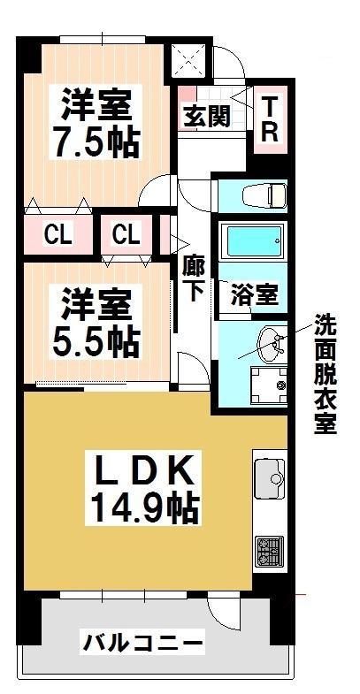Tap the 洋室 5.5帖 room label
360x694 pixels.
[96, 322]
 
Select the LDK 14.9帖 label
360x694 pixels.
[144, 488]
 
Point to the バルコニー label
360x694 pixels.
[143, 641]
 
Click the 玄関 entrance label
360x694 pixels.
[207, 117]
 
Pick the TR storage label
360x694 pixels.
[270, 119]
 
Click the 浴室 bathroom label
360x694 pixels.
[254, 294]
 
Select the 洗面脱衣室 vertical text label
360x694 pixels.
[326, 374]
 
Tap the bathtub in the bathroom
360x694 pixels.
[252, 241]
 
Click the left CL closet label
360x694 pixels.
[57, 235]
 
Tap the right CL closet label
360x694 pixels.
[126, 233]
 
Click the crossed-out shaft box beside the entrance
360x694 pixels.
[188, 61]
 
